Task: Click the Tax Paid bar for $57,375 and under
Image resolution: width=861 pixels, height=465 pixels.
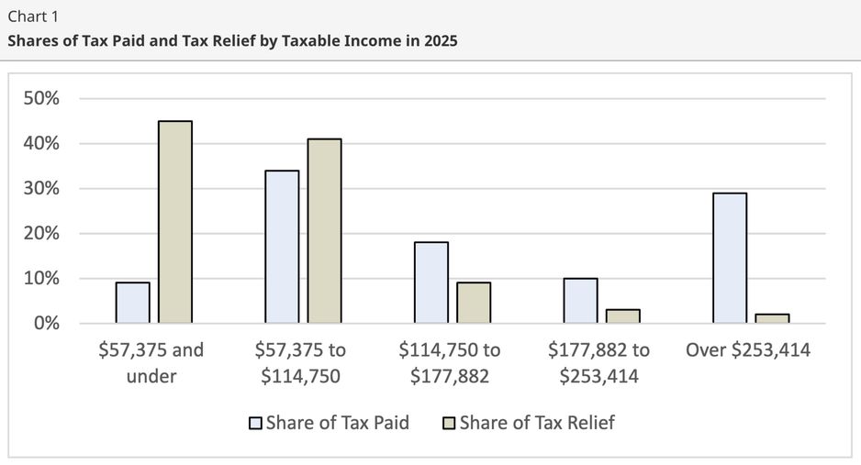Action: click(x=132, y=303)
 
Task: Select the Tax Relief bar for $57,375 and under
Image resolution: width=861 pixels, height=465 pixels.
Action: click(x=175, y=222)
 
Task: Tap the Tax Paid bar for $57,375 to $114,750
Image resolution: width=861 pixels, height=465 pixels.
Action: click(x=282, y=247)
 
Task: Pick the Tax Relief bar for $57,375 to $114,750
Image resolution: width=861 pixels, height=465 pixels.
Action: click(x=324, y=231)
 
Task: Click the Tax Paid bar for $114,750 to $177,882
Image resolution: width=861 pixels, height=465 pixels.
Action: click(x=430, y=282)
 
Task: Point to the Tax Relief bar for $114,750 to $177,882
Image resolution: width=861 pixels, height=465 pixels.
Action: click(x=474, y=303)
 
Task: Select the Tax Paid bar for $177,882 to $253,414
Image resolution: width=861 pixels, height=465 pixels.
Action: click(x=580, y=301)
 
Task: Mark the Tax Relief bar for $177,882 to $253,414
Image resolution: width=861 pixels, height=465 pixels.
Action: click(x=622, y=316)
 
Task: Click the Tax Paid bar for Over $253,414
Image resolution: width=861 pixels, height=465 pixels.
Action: click(x=729, y=258)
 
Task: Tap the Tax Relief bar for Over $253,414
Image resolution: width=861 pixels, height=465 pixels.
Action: click(x=772, y=318)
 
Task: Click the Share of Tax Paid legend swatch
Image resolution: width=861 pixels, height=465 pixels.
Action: click(x=255, y=424)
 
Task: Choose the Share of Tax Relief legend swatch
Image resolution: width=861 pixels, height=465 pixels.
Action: click(x=449, y=424)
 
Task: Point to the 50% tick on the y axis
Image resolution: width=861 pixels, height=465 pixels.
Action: click(x=43, y=98)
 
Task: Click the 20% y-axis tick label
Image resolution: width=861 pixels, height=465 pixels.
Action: click(x=43, y=233)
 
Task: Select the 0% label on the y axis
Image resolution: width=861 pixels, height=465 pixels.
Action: click(x=47, y=323)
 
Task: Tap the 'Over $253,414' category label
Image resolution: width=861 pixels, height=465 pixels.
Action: click(x=749, y=350)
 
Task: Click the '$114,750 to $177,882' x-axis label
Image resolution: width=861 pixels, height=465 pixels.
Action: click(x=450, y=363)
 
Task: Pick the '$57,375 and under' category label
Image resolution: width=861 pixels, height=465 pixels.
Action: click(x=151, y=363)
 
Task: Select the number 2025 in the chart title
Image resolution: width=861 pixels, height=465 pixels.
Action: click(x=437, y=41)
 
